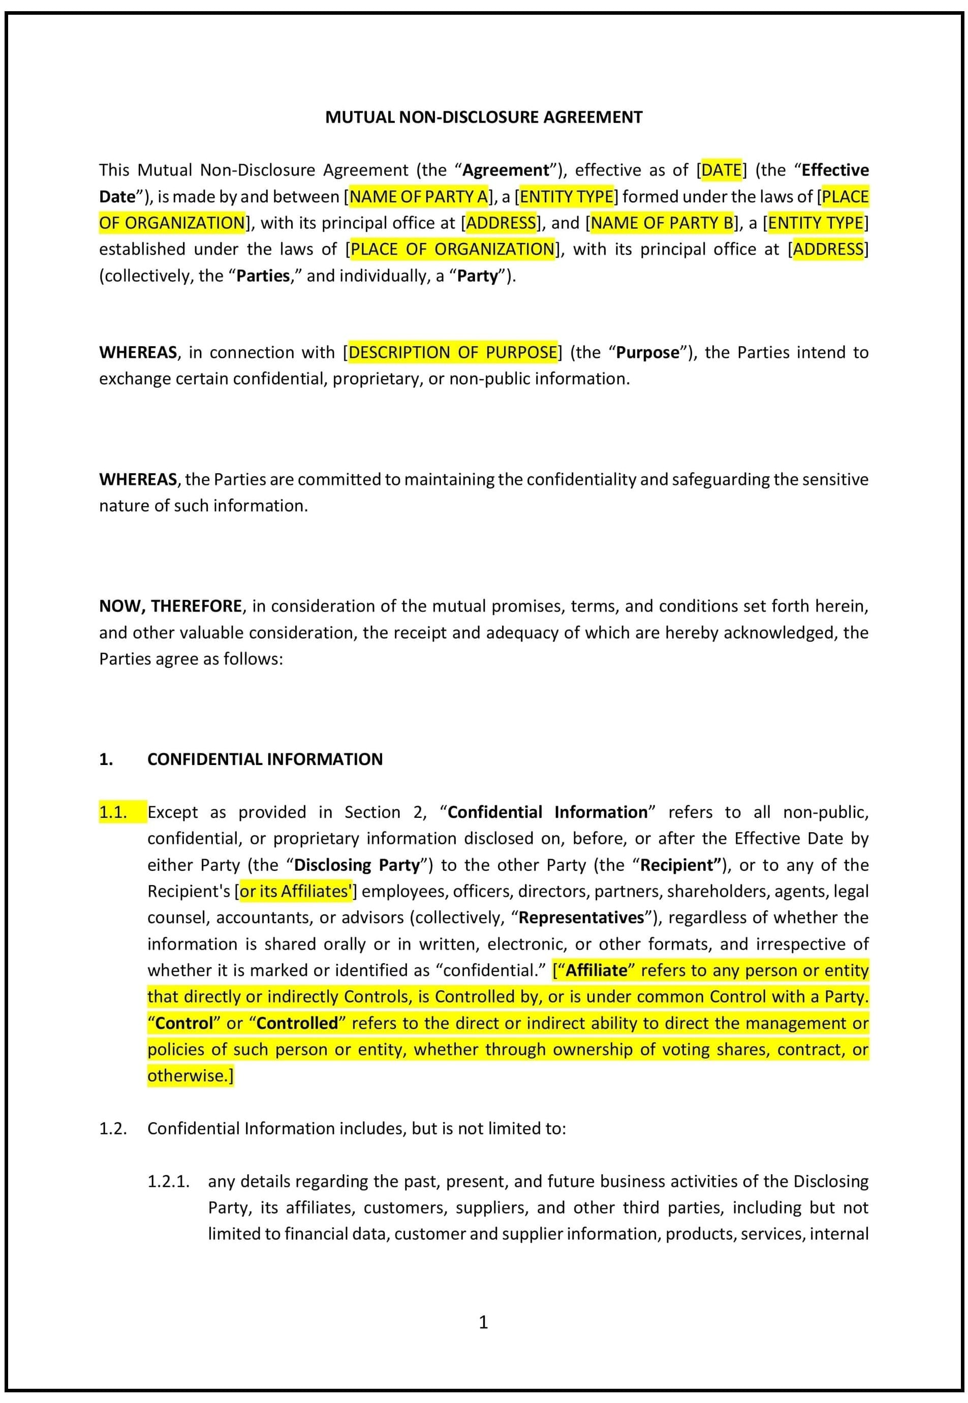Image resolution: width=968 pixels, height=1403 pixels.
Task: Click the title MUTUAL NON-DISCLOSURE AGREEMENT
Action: [x=483, y=117]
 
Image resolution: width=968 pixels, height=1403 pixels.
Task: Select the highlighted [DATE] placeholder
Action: [x=721, y=170]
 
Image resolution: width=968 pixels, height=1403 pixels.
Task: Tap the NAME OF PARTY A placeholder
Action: [x=419, y=197]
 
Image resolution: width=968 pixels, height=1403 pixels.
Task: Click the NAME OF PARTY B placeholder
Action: [x=662, y=223]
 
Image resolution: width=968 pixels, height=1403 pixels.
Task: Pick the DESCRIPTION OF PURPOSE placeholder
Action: [x=452, y=352]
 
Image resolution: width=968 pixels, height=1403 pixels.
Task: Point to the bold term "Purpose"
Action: [x=647, y=352]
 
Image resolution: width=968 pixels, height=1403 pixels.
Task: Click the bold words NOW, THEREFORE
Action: [x=170, y=606]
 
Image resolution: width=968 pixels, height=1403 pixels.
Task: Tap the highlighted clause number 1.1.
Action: [x=113, y=812]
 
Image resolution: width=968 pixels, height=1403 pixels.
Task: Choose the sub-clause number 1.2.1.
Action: [x=169, y=1181]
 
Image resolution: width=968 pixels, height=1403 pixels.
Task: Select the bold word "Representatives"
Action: [x=581, y=917]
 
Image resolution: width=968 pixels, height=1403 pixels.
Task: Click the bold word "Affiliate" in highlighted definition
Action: [x=596, y=970]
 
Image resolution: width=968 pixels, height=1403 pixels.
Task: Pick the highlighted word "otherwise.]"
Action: [x=190, y=1076]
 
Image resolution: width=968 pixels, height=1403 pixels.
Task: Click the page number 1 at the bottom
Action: [x=483, y=1322]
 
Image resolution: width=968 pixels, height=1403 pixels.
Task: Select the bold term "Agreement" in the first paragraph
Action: [x=505, y=170]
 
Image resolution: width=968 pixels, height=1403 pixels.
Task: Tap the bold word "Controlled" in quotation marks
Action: [x=297, y=1023]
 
